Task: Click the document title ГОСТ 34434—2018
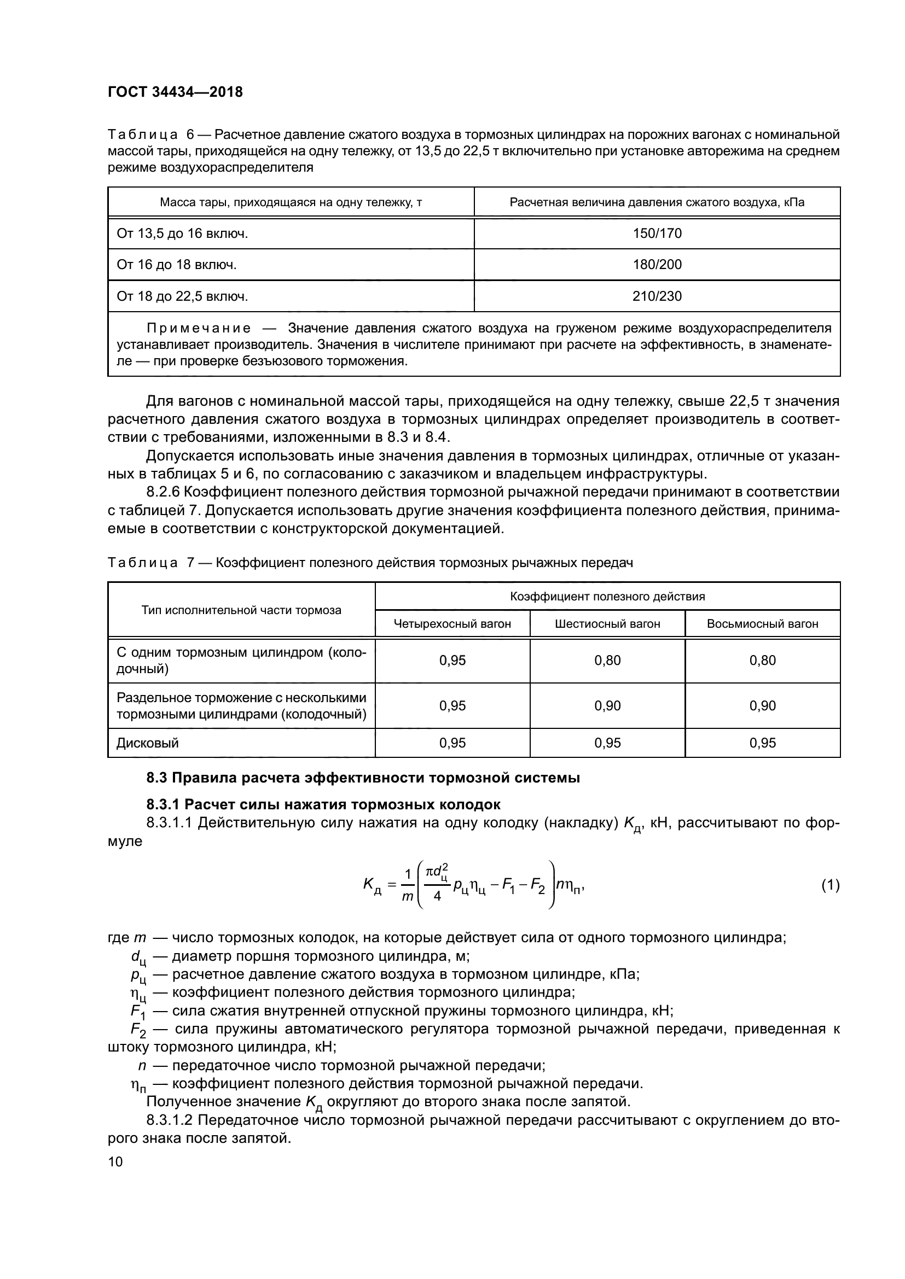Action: click(x=175, y=92)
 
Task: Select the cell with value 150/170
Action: click(x=657, y=233)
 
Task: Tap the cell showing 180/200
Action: click(x=657, y=265)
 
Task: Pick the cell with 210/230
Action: click(x=657, y=296)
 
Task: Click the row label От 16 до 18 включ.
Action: click(x=177, y=265)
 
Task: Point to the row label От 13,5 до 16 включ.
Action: click(x=182, y=233)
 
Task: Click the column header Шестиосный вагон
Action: click(x=607, y=624)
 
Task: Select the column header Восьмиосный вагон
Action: click(x=762, y=624)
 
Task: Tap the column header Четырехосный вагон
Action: click(x=452, y=624)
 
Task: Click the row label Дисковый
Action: click(x=148, y=743)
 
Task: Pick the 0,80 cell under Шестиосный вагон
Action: click(x=607, y=660)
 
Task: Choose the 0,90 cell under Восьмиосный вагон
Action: click(x=762, y=706)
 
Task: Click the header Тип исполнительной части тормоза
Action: click(x=241, y=610)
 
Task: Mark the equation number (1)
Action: click(x=831, y=885)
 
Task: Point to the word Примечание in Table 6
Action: click(x=199, y=329)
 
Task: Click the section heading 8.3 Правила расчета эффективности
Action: click(x=363, y=778)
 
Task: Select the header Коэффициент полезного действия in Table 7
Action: click(x=607, y=597)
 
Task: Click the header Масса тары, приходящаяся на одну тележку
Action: click(x=291, y=202)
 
